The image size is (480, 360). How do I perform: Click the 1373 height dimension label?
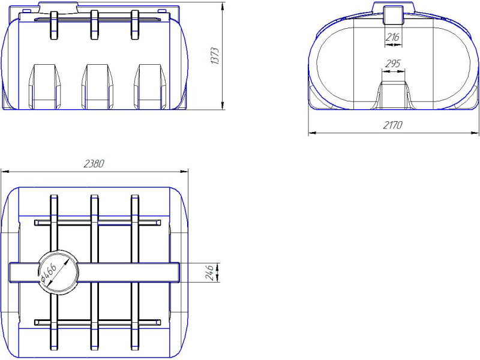pos(215,56)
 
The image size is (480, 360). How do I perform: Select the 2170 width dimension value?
pos(393,125)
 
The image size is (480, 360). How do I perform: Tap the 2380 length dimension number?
pos(94,164)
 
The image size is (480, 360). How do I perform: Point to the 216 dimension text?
pos(392,37)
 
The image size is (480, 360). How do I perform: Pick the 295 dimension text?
pos(393,64)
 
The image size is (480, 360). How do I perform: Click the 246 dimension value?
pos(209,272)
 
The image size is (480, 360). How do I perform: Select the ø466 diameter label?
pos(49,274)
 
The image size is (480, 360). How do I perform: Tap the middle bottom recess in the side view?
pos(97,86)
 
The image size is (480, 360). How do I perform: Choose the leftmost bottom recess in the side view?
pos(44,86)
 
